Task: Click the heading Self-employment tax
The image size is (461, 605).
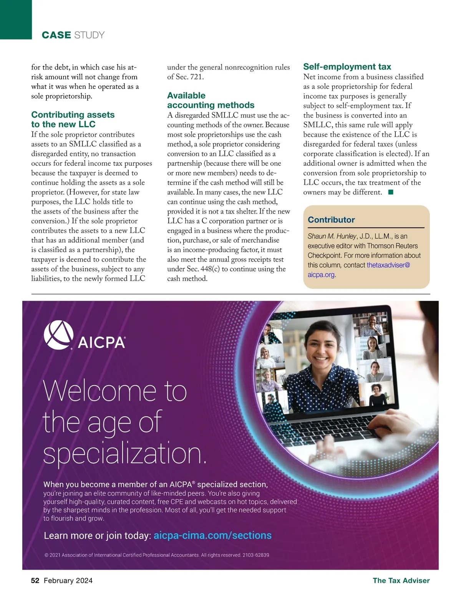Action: pyautogui.click(x=347, y=67)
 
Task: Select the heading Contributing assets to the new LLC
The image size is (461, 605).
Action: pyautogui.click(x=73, y=119)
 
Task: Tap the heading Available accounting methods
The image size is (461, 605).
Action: pyautogui.click(x=211, y=100)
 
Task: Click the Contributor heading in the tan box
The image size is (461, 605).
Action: pyautogui.click(x=331, y=220)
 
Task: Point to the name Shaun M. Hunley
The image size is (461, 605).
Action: pyautogui.click(x=332, y=236)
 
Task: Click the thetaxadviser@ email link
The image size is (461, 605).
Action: pyautogui.click(x=388, y=265)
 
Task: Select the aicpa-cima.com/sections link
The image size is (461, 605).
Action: pyautogui.click(x=212, y=535)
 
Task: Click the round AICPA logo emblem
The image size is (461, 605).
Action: pyautogui.click(x=58, y=335)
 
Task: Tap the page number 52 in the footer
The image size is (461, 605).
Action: pyautogui.click(x=35, y=580)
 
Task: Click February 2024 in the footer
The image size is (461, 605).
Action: pyautogui.click(x=68, y=580)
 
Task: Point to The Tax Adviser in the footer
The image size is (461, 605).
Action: pyautogui.click(x=401, y=580)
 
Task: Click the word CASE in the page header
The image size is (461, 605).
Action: pyautogui.click(x=56, y=35)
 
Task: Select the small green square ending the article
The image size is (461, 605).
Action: pyautogui.click(x=390, y=192)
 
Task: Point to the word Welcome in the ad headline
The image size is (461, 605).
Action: pyautogui.click(x=99, y=391)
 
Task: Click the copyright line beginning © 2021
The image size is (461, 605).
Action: pyautogui.click(x=157, y=555)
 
